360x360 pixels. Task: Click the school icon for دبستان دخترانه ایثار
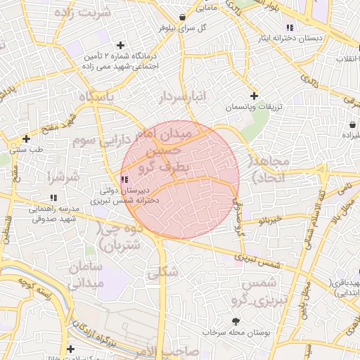[x=290, y=27]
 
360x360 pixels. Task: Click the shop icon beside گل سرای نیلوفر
[x=183, y=17]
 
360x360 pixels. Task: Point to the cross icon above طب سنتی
[x=26, y=139]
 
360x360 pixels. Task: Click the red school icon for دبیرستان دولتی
[x=124, y=179]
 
